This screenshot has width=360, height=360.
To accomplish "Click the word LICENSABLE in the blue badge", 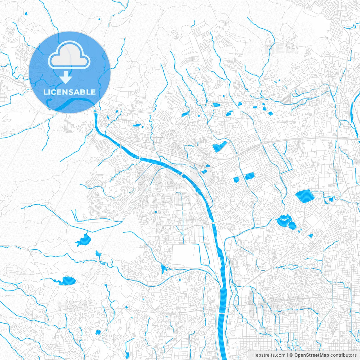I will [69, 92].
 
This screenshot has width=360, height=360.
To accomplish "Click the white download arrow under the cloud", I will [66, 78].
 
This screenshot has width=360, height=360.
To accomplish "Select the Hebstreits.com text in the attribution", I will [269, 355].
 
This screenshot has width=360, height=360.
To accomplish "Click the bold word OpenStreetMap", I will [312, 355].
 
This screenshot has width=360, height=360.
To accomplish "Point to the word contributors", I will [343, 355].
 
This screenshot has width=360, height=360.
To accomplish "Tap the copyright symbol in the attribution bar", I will [291, 355].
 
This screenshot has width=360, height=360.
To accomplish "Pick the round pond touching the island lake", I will [292, 225].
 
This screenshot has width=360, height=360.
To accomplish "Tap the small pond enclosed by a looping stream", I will [331, 200].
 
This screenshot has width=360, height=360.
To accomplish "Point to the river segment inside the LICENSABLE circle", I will [70, 103].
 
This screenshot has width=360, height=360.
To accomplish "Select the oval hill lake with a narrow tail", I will [67, 281].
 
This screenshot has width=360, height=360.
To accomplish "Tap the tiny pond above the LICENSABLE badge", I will [26, 13].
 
